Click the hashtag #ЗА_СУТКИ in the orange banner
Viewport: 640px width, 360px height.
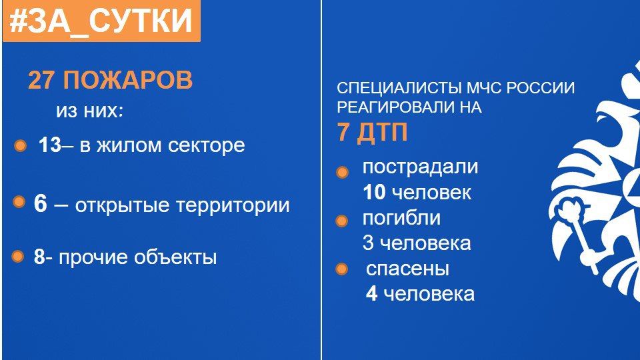pos(101,21)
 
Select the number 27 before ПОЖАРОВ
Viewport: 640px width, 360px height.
pos(41,80)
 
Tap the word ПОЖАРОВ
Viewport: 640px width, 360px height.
pos(128,80)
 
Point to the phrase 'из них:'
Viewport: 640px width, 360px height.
pos(89,111)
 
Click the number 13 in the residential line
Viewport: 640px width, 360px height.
pos(50,145)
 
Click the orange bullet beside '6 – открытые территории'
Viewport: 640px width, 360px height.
pos(19,201)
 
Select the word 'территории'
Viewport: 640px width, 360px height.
pos(233,205)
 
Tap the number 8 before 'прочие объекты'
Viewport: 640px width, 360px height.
pos(39,257)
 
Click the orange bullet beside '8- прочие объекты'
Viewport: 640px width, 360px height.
pos(17,256)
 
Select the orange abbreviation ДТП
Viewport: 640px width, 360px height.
pos(382,132)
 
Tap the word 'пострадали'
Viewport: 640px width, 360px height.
pos(420,167)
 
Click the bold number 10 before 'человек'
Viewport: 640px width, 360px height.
pos(374,192)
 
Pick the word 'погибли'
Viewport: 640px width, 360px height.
pos(401,218)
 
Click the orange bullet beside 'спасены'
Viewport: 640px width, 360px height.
pos(341,269)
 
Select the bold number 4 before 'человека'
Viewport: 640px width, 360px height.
pos(371,294)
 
